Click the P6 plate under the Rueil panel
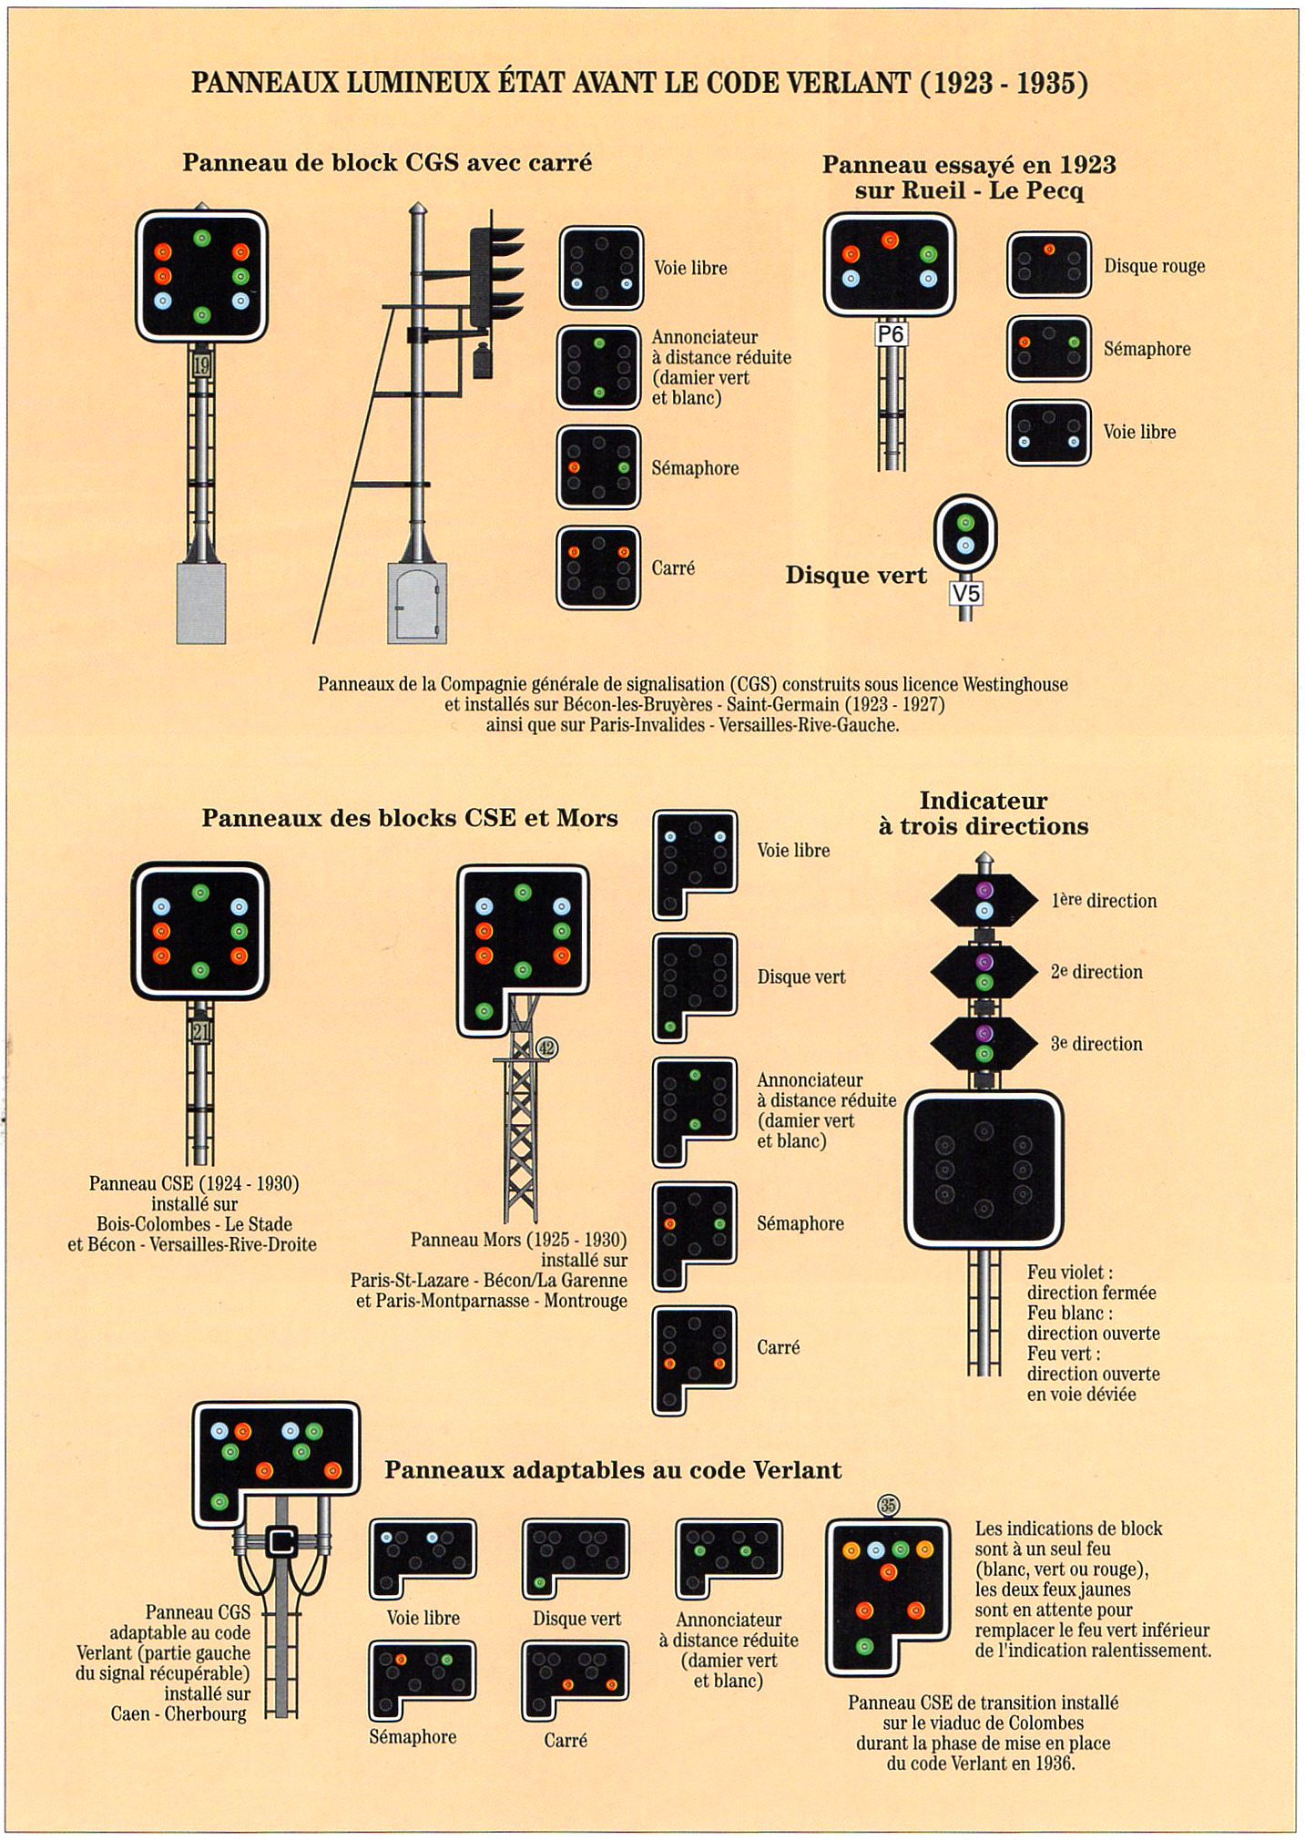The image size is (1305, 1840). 891,334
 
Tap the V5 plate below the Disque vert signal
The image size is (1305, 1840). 965,594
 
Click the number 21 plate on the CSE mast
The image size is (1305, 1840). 200,1031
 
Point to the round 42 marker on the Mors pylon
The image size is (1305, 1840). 546,1048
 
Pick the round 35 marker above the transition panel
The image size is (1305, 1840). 888,1505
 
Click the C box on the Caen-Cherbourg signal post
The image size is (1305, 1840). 281,1542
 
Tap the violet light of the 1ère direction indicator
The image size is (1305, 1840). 984,890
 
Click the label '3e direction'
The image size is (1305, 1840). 1096,1044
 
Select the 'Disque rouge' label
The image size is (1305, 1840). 1154,266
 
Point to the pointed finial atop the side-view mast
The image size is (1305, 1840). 417,210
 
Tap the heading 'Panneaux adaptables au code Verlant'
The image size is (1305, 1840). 613,1469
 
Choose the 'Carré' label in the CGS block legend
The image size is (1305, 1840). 673,568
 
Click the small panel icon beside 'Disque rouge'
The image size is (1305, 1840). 1048,264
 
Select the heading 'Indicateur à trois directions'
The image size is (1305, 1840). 984,813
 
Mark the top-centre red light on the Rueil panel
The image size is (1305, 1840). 890,240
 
